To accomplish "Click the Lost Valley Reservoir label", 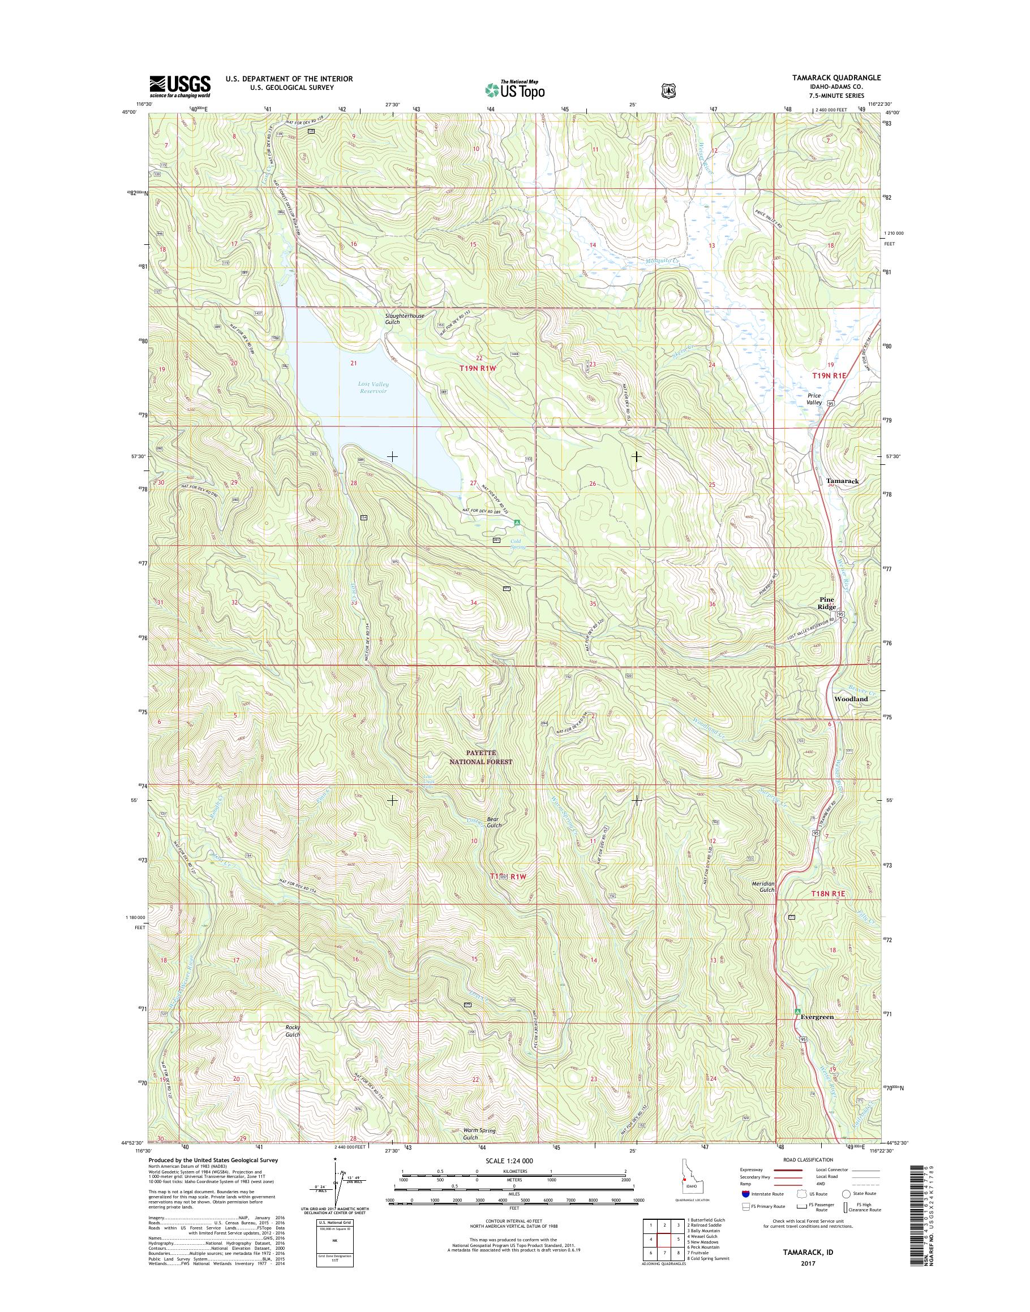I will click(373, 387).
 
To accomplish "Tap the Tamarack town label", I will click(843, 481).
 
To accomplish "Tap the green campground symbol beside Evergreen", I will click(797, 1011).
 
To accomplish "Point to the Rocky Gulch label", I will click(293, 1030).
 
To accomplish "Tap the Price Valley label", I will click(815, 399).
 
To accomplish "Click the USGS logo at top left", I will click(180, 85).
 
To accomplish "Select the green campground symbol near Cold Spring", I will click(517, 523).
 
